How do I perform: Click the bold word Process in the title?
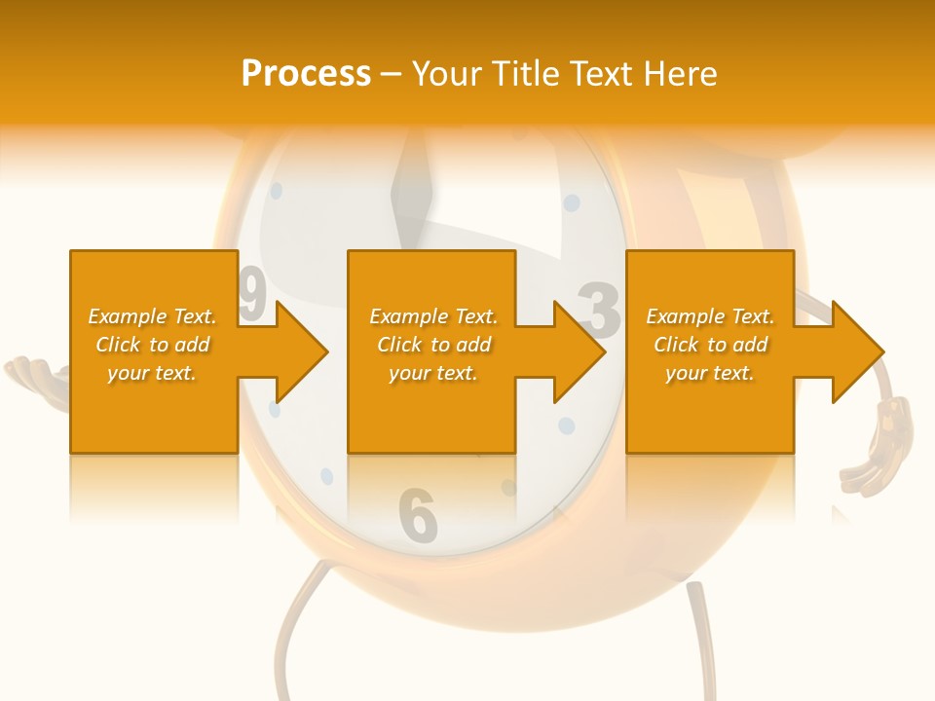tap(306, 73)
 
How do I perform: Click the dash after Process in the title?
tap(391, 75)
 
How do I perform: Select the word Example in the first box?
tap(127, 316)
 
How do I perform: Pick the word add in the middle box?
tap(472, 345)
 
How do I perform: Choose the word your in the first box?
tap(128, 373)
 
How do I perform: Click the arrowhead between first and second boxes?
tap(301, 351)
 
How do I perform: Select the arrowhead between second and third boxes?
tap(579, 351)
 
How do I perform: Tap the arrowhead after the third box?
tap(857, 351)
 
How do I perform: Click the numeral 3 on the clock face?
tap(600, 311)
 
